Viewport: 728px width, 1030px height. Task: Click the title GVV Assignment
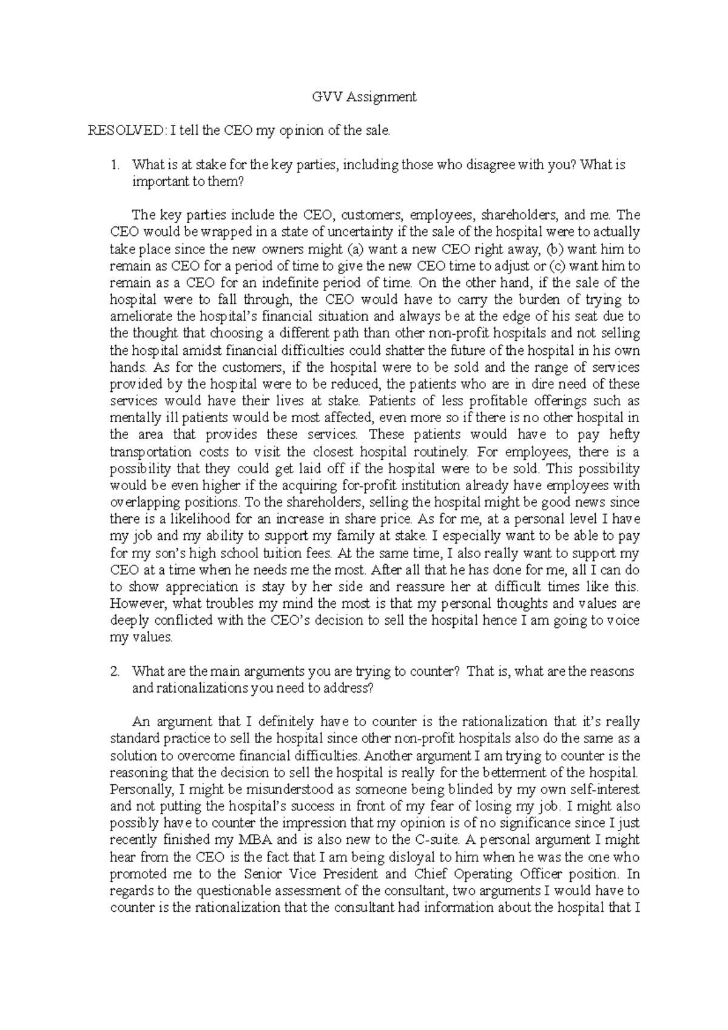(364, 96)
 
